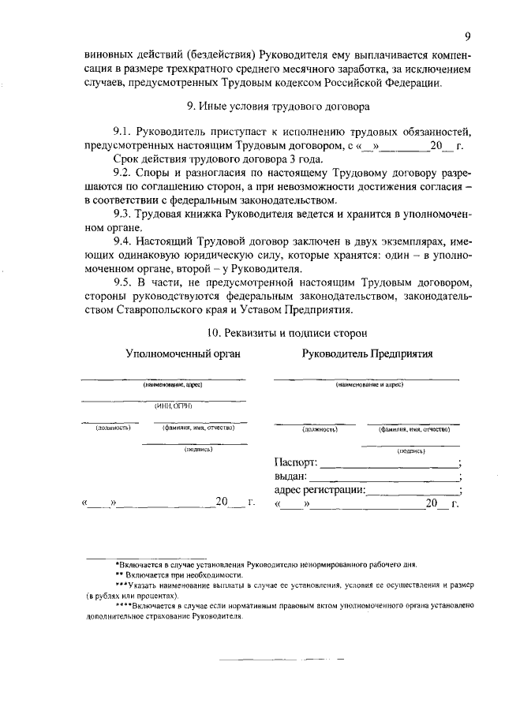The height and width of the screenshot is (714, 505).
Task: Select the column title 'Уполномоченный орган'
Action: (183, 354)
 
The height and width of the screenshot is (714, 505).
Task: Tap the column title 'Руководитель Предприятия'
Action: (368, 354)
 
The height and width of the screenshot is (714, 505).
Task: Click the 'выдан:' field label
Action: (290, 477)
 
